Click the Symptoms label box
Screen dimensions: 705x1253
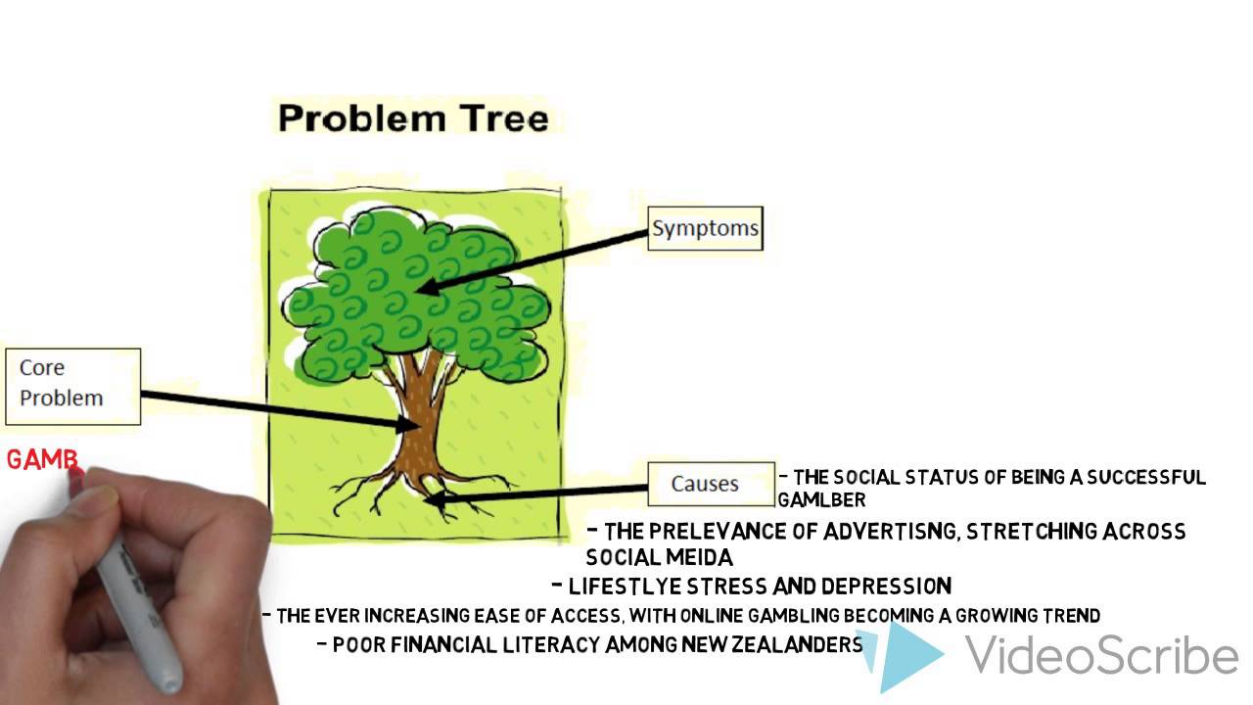coord(705,228)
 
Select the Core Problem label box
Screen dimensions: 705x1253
coord(72,385)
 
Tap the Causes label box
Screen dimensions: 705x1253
coord(710,484)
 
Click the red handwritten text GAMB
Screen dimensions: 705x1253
coord(43,460)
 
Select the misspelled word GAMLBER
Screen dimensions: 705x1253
coord(821,500)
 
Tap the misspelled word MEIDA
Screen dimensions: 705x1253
coord(698,557)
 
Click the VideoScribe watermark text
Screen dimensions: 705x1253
coord(1101,654)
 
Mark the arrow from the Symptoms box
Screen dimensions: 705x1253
coord(538,259)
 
